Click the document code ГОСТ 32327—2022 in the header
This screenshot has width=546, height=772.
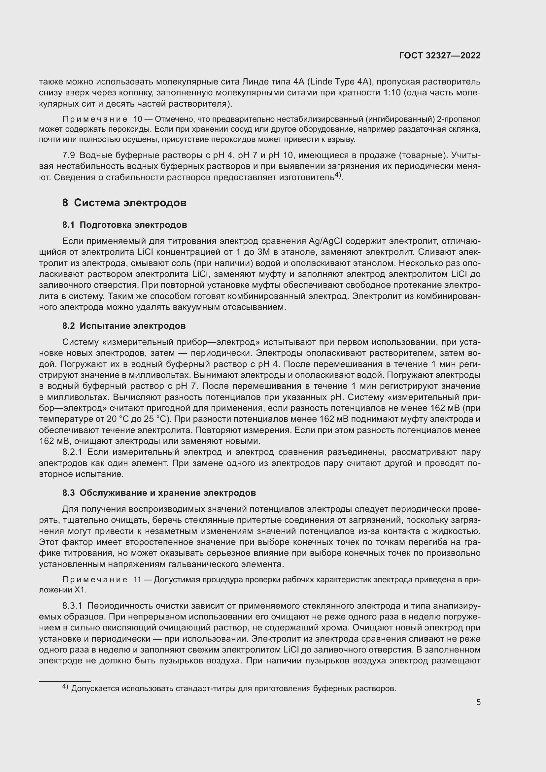(439, 56)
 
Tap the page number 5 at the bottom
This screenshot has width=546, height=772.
(478, 702)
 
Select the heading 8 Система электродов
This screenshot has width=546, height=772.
(124, 203)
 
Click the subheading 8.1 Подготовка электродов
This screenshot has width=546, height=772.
(124, 225)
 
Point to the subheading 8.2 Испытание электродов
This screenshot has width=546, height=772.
(124, 326)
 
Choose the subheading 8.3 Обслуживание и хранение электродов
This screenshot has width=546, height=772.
(159, 493)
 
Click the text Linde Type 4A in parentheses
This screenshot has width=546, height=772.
(339, 82)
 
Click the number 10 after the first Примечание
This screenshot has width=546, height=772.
(138, 119)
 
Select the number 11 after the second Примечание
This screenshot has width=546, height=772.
(138, 580)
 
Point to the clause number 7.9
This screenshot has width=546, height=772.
(69, 155)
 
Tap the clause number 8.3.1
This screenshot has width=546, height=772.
(72, 606)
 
